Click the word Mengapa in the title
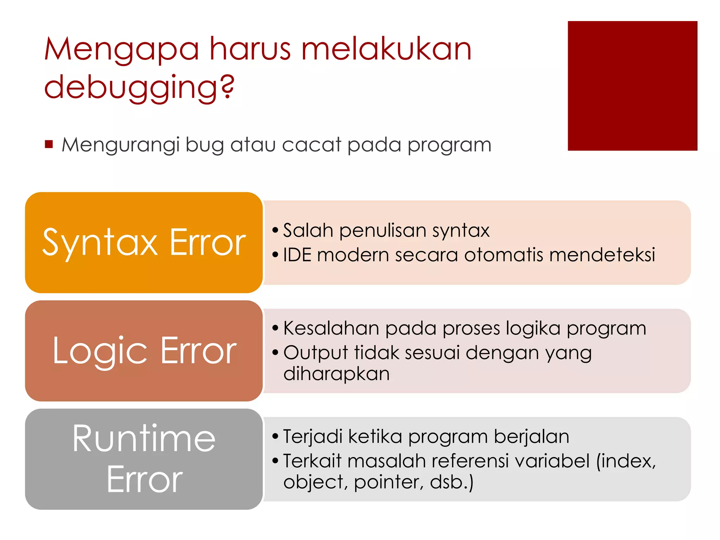point(122,50)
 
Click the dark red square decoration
point(632,86)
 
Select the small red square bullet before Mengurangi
point(49,144)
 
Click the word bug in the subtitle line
point(204,145)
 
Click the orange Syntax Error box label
point(144,243)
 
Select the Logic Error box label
point(144,351)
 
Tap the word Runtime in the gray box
point(144,438)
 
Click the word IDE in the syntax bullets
point(297,255)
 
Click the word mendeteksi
point(602,255)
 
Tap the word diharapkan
point(336,374)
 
